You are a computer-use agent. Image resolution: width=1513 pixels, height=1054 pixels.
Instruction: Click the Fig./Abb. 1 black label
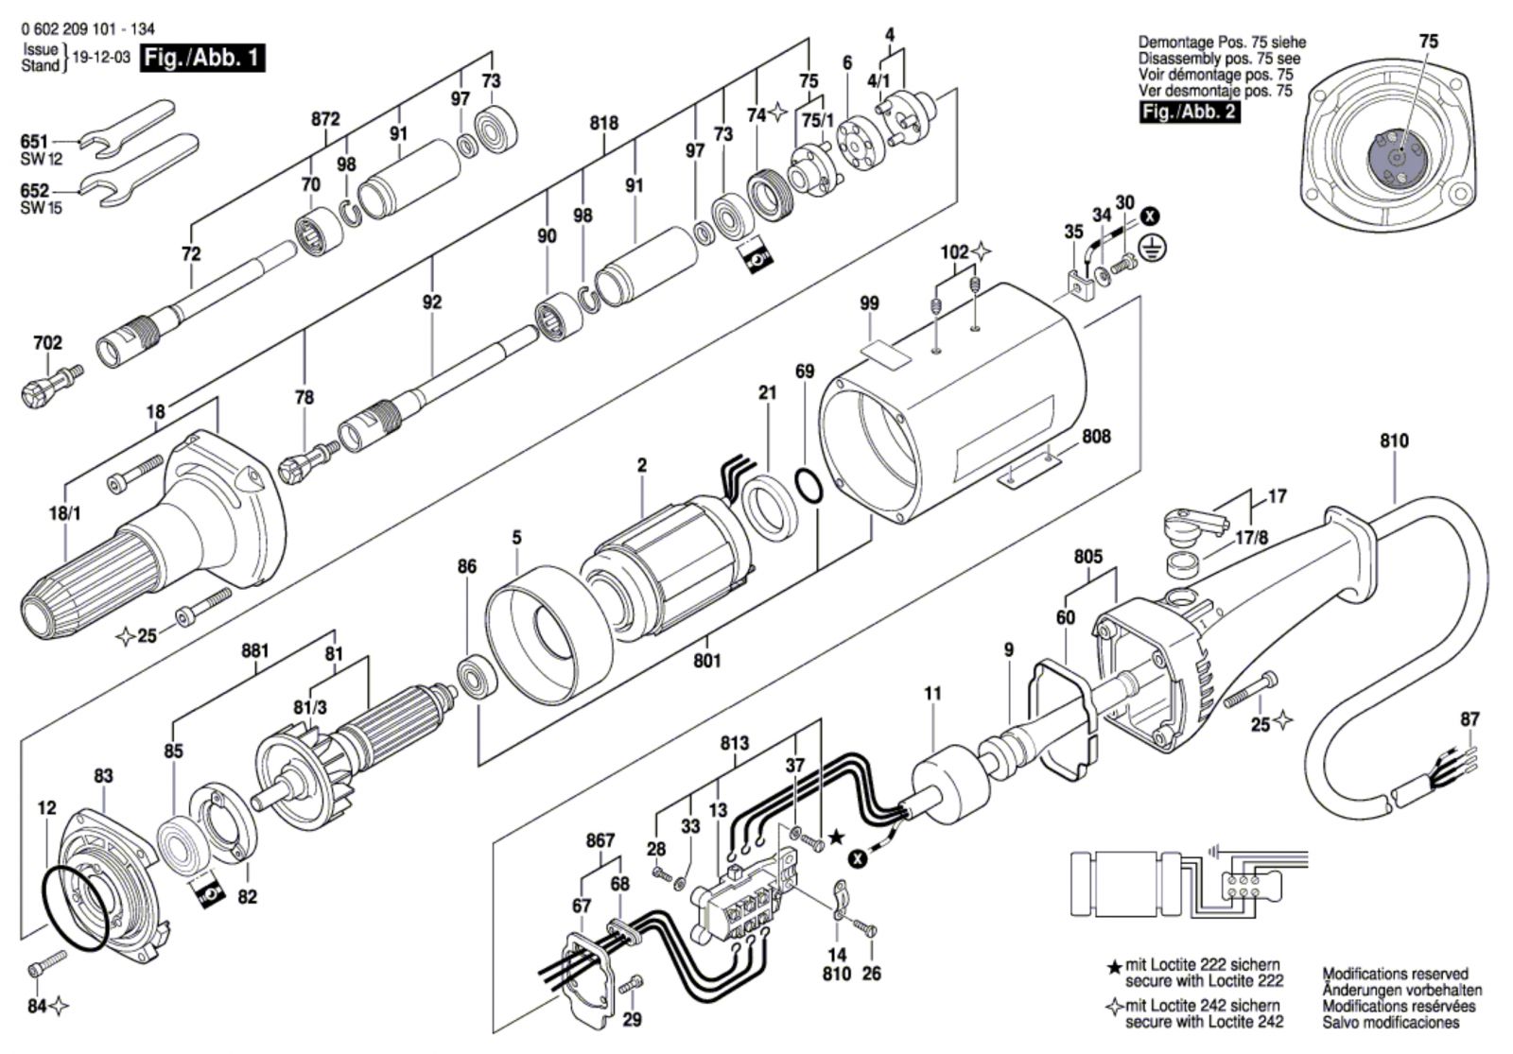[202, 58]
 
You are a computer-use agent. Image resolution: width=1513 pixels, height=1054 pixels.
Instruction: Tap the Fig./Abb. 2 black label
[1190, 112]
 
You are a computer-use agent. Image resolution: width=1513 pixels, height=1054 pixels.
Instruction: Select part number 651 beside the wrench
[34, 142]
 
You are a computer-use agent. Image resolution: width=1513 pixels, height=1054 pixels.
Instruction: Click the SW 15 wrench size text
[41, 208]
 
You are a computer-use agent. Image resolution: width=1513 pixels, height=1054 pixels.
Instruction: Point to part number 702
[47, 343]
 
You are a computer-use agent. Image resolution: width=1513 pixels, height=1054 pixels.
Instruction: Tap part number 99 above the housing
[869, 303]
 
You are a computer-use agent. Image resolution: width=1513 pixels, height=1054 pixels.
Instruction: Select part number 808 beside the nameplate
[1096, 436]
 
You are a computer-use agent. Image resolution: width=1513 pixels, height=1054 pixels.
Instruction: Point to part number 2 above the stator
[642, 465]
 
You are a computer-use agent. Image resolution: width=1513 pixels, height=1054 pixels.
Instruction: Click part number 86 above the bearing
[467, 566]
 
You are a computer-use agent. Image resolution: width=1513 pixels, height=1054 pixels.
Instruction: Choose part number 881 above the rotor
[254, 651]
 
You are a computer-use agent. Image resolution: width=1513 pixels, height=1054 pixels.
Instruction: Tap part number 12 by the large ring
[47, 807]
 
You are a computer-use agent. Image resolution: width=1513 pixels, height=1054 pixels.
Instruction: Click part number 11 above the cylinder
[932, 693]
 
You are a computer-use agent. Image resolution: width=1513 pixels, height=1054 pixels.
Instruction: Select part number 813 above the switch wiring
[734, 743]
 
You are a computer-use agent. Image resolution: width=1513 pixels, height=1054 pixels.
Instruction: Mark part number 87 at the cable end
[1470, 719]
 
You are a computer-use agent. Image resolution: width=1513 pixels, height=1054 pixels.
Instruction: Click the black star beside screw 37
[836, 838]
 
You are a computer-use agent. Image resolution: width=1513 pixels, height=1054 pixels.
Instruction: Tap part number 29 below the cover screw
[632, 1019]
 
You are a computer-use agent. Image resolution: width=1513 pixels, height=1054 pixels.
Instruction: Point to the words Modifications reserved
[1395, 974]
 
